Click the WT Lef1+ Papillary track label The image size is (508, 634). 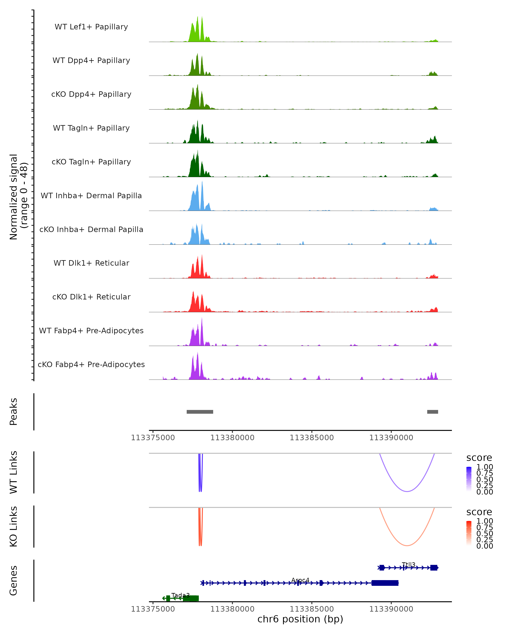[91, 27]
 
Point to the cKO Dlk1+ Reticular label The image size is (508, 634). [91, 297]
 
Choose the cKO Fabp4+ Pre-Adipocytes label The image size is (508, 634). [91, 364]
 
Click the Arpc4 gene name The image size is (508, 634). [300, 580]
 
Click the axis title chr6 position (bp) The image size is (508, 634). [300, 619]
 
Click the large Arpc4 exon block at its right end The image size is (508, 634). [385, 583]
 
